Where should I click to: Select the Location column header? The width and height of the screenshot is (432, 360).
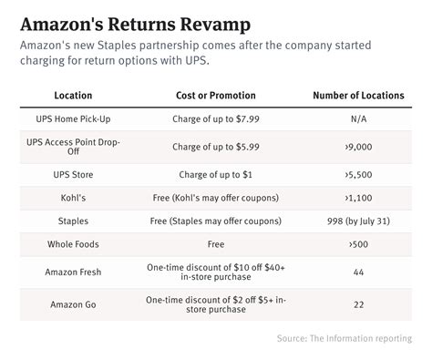click(x=72, y=96)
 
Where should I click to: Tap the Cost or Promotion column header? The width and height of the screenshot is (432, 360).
click(x=216, y=96)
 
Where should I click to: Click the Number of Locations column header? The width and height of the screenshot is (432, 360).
click(x=358, y=96)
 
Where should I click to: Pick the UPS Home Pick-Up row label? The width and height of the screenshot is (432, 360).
click(x=72, y=118)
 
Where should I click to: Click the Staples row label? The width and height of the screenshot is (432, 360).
click(x=72, y=220)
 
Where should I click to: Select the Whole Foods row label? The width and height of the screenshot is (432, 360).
click(x=72, y=244)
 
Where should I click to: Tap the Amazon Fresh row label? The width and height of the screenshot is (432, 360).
click(x=72, y=272)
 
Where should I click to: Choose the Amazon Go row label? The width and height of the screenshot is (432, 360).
click(x=72, y=304)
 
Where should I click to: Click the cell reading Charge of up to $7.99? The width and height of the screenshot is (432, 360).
click(x=216, y=118)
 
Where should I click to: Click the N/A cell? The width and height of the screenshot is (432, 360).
click(x=358, y=118)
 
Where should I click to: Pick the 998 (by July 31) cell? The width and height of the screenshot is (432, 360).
click(x=358, y=220)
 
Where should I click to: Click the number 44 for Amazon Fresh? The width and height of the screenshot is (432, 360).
click(x=358, y=272)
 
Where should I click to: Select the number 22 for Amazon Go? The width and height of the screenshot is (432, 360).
click(x=358, y=304)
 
